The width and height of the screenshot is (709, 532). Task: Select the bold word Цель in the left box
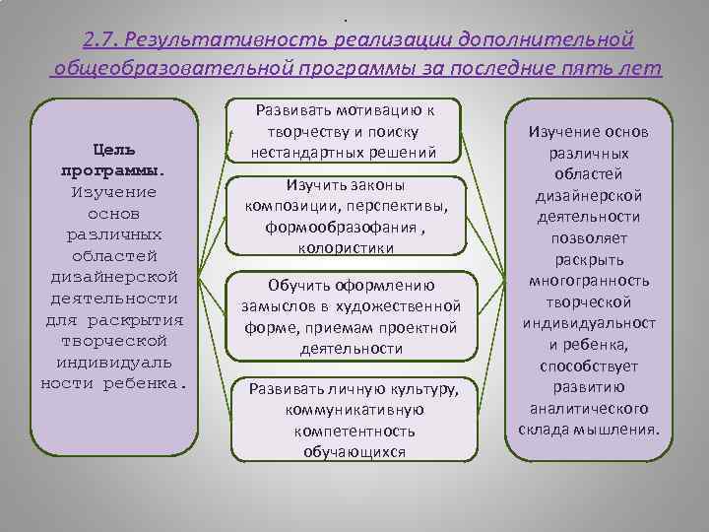click(x=114, y=149)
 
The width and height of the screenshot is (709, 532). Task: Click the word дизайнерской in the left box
click(x=114, y=276)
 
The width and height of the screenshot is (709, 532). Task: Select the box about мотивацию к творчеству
click(x=348, y=130)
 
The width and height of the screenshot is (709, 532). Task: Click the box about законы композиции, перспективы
click(x=348, y=217)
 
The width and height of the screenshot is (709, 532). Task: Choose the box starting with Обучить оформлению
click(x=348, y=316)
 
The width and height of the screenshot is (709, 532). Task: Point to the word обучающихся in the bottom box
click(x=348, y=452)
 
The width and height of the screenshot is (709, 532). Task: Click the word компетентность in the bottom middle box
click(x=348, y=431)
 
